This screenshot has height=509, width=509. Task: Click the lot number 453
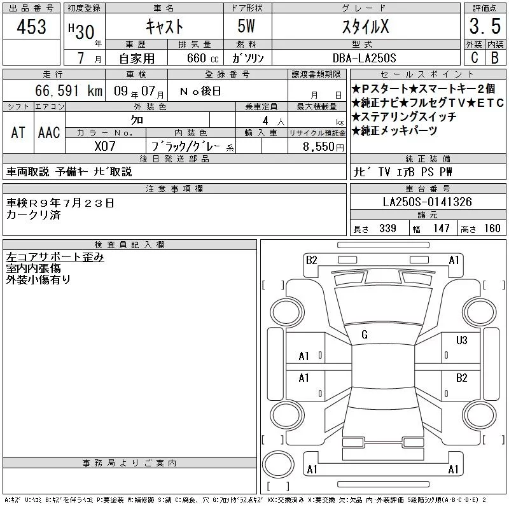click(x=31, y=26)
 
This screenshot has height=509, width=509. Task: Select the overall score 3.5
click(x=485, y=26)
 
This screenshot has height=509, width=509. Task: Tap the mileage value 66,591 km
click(x=69, y=90)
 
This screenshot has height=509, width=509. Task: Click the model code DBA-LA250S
click(x=364, y=58)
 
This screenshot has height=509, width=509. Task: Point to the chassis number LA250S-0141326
click(x=427, y=202)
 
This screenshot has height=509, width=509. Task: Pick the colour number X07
click(x=105, y=146)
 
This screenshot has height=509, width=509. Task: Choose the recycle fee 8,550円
click(x=323, y=147)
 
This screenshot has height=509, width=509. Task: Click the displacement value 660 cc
click(x=203, y=58)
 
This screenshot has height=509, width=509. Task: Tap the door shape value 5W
click(x=246, y=26)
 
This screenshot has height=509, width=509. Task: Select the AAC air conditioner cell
click(x=49, y=133)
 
